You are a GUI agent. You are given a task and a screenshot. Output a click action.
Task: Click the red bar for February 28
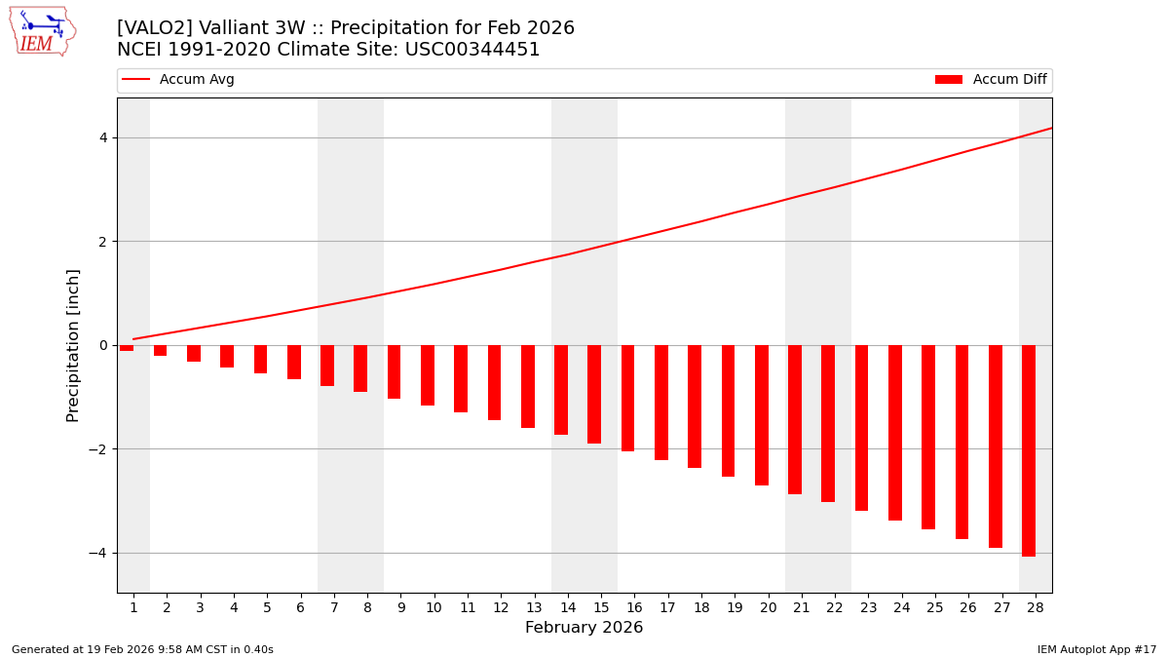click(1029, 450)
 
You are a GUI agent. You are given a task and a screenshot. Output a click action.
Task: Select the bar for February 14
click(561, 390)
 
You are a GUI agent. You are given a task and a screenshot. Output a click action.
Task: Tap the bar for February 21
click(795, 419)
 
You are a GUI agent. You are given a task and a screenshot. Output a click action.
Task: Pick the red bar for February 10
click(428, 375)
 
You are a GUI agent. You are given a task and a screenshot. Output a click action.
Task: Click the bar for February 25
click(928, 437)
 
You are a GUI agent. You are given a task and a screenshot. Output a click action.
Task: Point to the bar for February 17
click(661, 403)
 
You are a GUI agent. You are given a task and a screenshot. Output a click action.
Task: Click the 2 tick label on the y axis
click(103, 242)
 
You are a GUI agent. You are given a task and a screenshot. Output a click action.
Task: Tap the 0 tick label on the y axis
click(103, 345)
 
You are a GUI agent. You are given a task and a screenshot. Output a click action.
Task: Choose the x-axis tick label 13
click(534, 607)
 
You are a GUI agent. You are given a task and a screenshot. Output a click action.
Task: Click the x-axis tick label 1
click(133, 607)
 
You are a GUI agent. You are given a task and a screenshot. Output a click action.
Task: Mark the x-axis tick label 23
click(868, 607)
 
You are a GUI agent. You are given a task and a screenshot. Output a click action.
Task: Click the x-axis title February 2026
click(584, 628)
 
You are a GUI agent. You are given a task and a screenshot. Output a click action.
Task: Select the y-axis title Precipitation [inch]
click(73, 345)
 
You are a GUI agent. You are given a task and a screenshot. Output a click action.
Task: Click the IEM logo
click(42, 31)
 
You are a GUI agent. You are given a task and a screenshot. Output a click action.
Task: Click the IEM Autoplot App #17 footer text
click(1096, 649)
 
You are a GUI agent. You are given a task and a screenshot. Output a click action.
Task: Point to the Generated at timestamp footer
click(142, 649)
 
